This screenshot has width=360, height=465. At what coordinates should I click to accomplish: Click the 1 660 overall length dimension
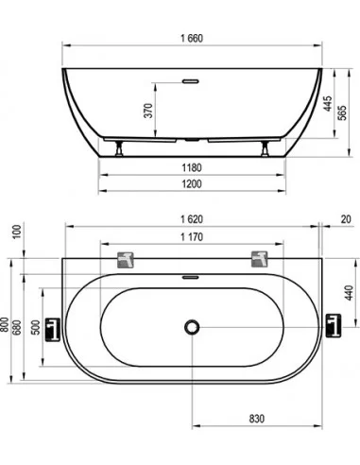coord(192,39)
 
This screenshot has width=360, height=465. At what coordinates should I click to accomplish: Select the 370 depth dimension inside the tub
coord(148,111)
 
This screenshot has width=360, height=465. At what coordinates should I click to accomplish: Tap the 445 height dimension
coord(328,104)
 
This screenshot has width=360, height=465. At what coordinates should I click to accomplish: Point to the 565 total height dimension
coord(342,112)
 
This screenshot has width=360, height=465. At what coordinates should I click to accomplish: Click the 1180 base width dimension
coord(192,167)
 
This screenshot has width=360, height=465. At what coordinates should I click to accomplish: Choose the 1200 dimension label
coord(192,184)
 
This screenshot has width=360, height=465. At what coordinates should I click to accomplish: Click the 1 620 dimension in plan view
coord(192,219)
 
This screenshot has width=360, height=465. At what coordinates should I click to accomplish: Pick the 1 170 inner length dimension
coord(192,237)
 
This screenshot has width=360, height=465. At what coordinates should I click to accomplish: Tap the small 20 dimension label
coord(346,219)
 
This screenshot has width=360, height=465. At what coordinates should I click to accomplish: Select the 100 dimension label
coord(17,232)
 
